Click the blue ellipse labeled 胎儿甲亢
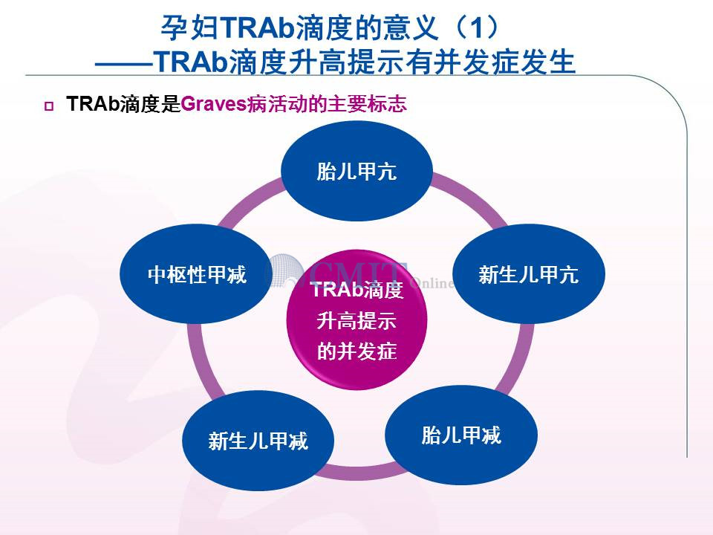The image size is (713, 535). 356,171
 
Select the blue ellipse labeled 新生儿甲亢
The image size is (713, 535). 528,274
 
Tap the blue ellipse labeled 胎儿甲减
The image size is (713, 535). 461,435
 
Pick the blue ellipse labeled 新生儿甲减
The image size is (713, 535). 258,441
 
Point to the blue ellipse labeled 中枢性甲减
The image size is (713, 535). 196,274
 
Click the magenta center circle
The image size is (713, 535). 356,320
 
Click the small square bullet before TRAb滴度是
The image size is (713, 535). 49,106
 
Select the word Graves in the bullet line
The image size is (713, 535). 214,104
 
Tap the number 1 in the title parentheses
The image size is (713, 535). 475,28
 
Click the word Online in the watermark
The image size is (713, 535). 432,283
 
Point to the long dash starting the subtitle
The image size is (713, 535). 124,64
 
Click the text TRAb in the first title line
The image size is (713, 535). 258,28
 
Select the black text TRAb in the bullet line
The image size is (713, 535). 93,104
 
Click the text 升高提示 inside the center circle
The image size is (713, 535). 356,321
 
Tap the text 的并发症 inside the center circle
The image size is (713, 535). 356,351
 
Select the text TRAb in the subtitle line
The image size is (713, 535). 191,62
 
